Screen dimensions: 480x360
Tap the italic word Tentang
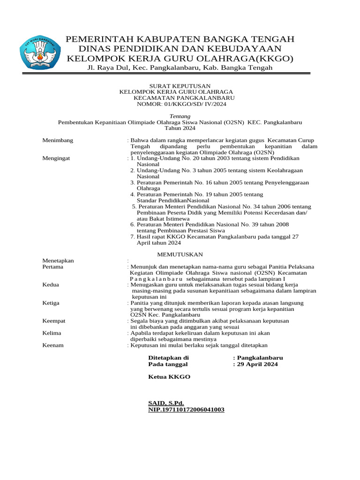[x=180, y=116]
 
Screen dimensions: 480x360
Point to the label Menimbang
[x=58, y=140]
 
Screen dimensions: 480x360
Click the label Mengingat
[x=56, y=158]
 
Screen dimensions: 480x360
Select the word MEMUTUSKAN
[x=180, y=254]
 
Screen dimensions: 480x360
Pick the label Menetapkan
[x=58, y=261]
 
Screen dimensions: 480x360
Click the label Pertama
[x=53, y=267]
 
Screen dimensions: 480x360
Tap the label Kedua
[x=51, y=285]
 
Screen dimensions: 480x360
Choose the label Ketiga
[x=51, y=303]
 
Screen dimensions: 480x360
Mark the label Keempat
[x=54, y=321]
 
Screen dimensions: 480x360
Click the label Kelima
[x=52, y=333]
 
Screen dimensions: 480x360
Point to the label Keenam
[x=53, y=345]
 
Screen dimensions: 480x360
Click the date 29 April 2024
[x=257, y=364]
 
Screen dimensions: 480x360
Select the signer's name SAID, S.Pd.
[x=166, y=403]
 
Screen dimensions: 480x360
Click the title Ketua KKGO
[x=169, y=377]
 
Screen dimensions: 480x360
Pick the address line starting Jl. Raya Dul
[x=180, y=68]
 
